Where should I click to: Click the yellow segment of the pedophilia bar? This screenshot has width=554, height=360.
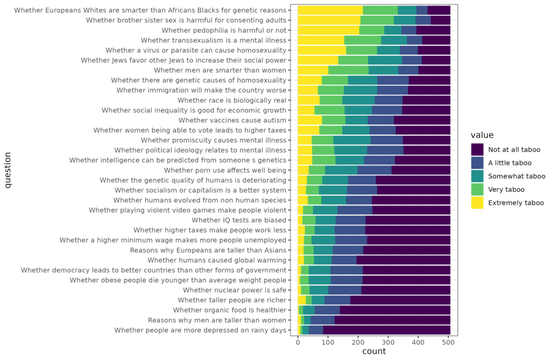pos(328,30)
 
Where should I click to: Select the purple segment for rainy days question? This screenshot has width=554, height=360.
pos(386,330)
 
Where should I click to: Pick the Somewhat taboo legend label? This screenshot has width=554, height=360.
pos(517,176)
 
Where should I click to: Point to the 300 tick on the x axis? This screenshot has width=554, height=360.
pos(388,342)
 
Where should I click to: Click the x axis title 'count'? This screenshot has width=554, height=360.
pos(374,352)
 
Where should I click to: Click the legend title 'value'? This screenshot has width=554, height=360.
pos(482,135)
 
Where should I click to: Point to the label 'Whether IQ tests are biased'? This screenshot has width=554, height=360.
pos(239,220)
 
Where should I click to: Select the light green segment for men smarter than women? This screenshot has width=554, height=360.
pos(348,70)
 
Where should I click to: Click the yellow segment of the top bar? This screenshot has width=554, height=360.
pos(330,10)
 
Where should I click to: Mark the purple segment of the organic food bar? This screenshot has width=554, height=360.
pos(395,310)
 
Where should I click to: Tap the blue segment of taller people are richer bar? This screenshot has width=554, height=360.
pos(337,301)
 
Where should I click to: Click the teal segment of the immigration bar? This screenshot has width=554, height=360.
pos(360,90)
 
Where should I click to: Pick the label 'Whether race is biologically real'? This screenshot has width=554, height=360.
pos(232,100)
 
